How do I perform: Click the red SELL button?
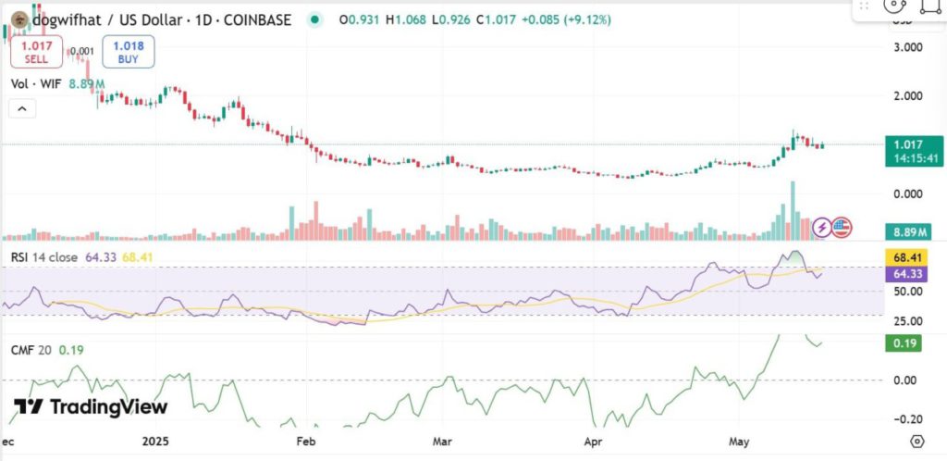36,51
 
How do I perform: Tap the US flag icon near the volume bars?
841,226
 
